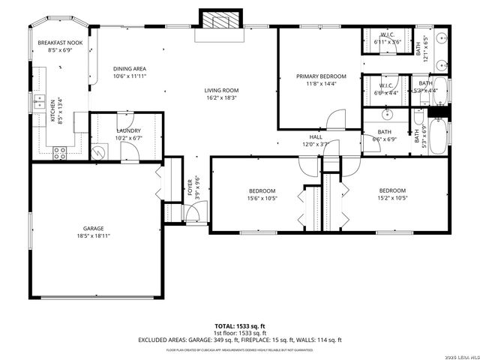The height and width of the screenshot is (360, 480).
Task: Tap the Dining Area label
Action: [129, 68]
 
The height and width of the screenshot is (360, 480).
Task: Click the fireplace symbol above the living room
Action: [220, 19]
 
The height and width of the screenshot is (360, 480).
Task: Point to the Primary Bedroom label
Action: [321, 76]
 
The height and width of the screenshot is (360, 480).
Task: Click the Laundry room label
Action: [128, 130]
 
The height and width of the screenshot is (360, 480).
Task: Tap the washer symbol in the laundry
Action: [97, 151]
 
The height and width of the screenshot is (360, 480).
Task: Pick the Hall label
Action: [316, 136]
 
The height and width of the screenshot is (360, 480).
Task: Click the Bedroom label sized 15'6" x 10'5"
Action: [262, 190]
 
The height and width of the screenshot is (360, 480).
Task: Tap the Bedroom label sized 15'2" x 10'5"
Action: [391, 190]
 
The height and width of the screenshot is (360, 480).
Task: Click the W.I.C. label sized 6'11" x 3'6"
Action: [387, 34]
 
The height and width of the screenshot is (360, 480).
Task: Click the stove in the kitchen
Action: [59, 152]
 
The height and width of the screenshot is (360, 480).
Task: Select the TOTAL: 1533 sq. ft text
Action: [239, 326]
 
